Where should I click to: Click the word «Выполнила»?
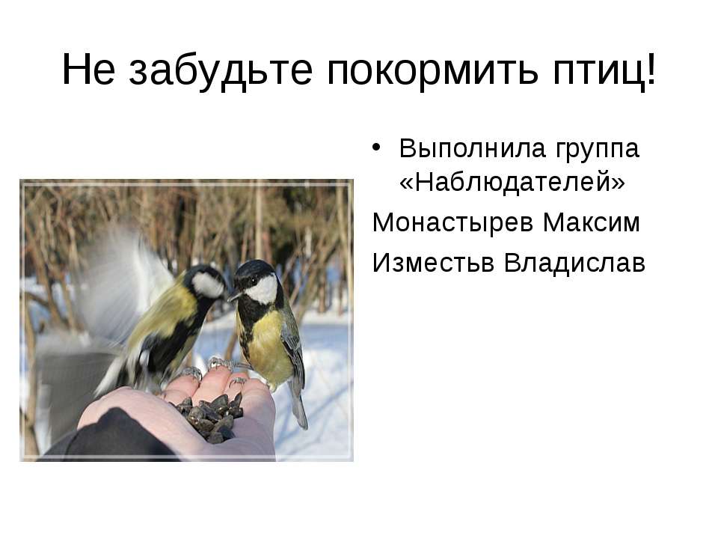(x=471, y=148)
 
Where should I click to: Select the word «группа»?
(x=597, y=148)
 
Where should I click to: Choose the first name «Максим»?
(x=593, y=222)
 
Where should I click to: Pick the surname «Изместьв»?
(x=435, y=263)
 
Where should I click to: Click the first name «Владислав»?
(x=575, y=263)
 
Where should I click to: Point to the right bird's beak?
(x=233, y=296)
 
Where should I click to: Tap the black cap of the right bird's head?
(x=255, y=267)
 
